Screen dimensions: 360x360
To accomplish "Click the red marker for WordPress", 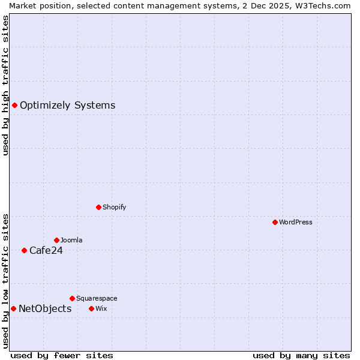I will click(275, 222).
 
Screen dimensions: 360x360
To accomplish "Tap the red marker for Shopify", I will click(98, 207).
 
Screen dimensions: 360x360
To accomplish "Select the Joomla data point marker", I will click(56, 240).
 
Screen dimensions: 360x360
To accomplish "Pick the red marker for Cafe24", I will click(24, 250).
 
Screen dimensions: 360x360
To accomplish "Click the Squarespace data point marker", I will click(72, 298).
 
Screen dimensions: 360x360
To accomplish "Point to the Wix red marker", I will click(91, 308).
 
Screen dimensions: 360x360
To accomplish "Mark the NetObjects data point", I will click(13, 308).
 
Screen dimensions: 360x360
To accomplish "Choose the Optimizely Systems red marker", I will click(14, 105).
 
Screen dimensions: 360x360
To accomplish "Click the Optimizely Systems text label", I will click(67, 106).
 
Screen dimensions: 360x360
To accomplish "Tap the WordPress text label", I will click(296, 222).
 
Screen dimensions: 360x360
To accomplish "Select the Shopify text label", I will click(114, 207).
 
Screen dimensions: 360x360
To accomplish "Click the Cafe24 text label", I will click(46, 251).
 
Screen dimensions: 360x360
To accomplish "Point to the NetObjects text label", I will click(45, 309).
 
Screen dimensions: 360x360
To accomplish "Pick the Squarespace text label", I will click(97, 298).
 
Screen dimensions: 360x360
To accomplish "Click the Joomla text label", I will click(71, 240).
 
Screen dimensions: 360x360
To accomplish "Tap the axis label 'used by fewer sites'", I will click(62, 355).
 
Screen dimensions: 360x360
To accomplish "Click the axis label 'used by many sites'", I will click(301, 355).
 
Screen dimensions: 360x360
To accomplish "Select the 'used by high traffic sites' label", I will click(5, 85).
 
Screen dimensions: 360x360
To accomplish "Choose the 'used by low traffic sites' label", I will click(5, 281).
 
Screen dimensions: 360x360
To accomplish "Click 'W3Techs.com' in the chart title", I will click(322, 5).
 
